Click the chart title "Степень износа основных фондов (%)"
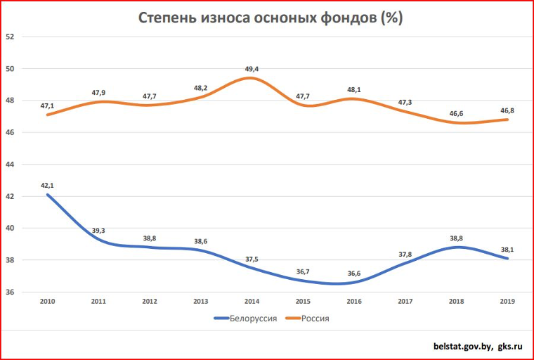point(271,18)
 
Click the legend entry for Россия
point(310,319)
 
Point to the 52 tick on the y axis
point(10,37)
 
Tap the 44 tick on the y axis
point(10,165)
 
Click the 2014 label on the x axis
point(252,301)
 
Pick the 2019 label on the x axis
point(507,301)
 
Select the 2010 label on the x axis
point(47,301)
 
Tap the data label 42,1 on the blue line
point(47,186)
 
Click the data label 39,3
point(98,231)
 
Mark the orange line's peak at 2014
point(251,78)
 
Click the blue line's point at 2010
point(47,195)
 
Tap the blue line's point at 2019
point(507,258)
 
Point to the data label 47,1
point(47,105)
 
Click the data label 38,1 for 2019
point(507,248)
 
